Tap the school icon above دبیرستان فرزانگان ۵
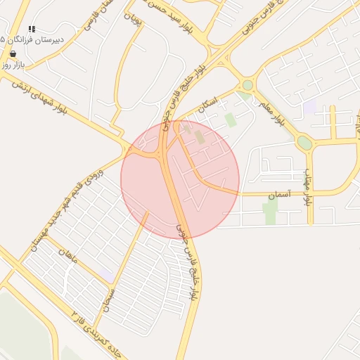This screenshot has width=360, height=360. coord(32,29)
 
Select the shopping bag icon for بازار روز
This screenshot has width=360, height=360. coord(13,53)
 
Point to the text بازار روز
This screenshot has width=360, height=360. coord(13,64)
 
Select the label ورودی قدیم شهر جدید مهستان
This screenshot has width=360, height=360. coord(65,209)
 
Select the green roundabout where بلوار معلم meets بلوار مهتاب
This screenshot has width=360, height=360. coord(304,143)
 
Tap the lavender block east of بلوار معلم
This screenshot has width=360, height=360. coord(309,107)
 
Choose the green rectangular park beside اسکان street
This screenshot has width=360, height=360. coord(230,120)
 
